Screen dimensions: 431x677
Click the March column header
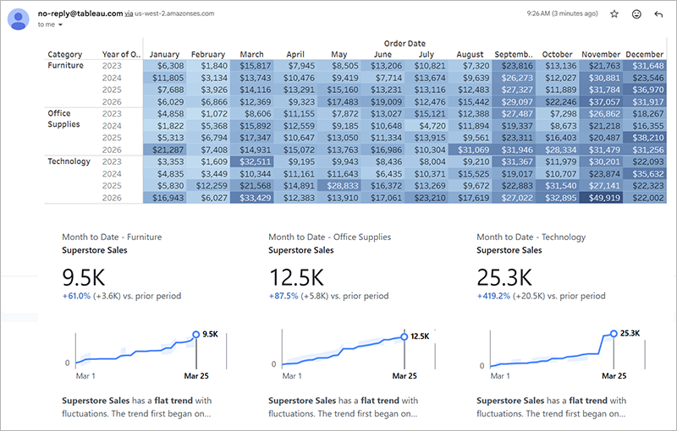point(251,54)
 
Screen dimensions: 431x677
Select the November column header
point(602,54)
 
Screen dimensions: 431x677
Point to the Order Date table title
point(405,43)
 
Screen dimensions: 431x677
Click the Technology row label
point(69,161)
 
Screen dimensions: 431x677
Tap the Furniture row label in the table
point(66,65)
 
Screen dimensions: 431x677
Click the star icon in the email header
point(614,14)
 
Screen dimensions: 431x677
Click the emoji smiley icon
point(636,14)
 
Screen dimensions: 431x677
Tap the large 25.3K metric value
point(504,277)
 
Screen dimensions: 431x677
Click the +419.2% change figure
point(493,297)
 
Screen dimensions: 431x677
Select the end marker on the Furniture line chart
point(195,335)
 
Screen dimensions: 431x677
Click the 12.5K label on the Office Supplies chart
point(421,336)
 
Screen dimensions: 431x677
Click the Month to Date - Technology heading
point(531,237)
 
